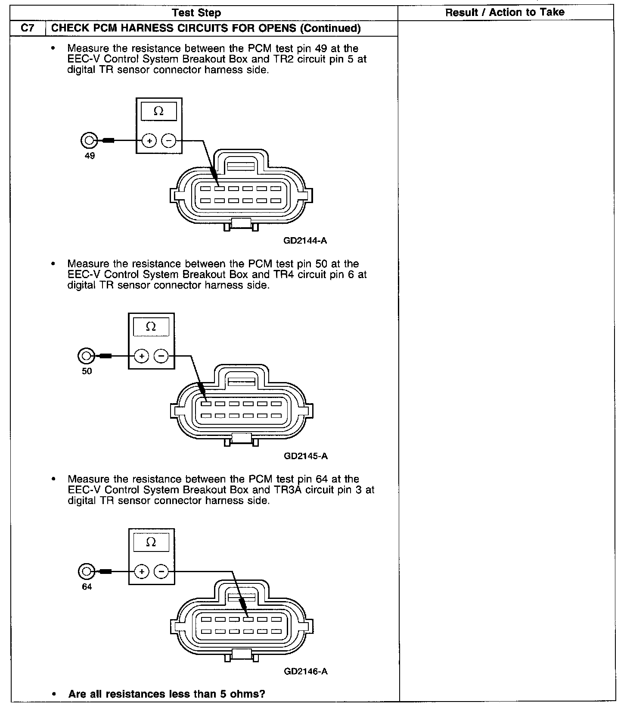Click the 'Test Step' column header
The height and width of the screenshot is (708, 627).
coord(196,13)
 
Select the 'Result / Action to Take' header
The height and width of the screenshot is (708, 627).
coord(505,13)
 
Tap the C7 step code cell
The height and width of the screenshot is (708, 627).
coord(28,28)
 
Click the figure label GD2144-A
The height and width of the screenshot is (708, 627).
coord(305,241)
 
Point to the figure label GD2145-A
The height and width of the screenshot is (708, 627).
coord(306,456)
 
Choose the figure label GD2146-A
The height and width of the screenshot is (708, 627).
coord(306,671)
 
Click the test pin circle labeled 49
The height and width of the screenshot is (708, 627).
coord(89,141)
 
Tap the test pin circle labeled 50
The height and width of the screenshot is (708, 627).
coord(86,356)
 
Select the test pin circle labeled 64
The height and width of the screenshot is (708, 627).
coord(86,572)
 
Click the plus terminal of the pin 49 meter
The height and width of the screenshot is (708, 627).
coord(149,141)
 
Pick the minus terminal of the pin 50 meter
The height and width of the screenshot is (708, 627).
coord(161,356)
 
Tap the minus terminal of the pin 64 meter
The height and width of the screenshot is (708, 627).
coord(161,572)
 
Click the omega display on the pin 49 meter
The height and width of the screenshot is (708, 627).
coord(158,112)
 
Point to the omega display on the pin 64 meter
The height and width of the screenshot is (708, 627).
coord(151,542)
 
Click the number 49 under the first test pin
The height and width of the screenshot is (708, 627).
coord(90,156)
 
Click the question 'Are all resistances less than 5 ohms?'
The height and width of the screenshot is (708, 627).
coord(167,694)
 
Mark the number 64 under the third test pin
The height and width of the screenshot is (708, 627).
coord(87,587)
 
